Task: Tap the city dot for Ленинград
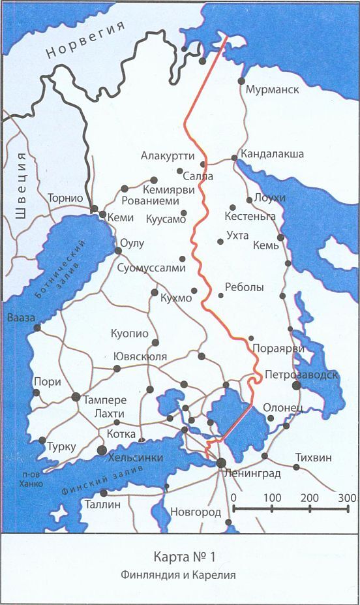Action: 221,463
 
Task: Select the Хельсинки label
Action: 136,458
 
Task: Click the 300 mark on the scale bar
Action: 347,499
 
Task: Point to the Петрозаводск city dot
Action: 297,386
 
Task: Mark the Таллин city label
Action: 103,504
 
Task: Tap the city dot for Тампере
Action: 76,397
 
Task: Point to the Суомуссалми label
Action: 152,268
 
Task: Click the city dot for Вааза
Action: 37,328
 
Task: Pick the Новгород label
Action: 196,512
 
